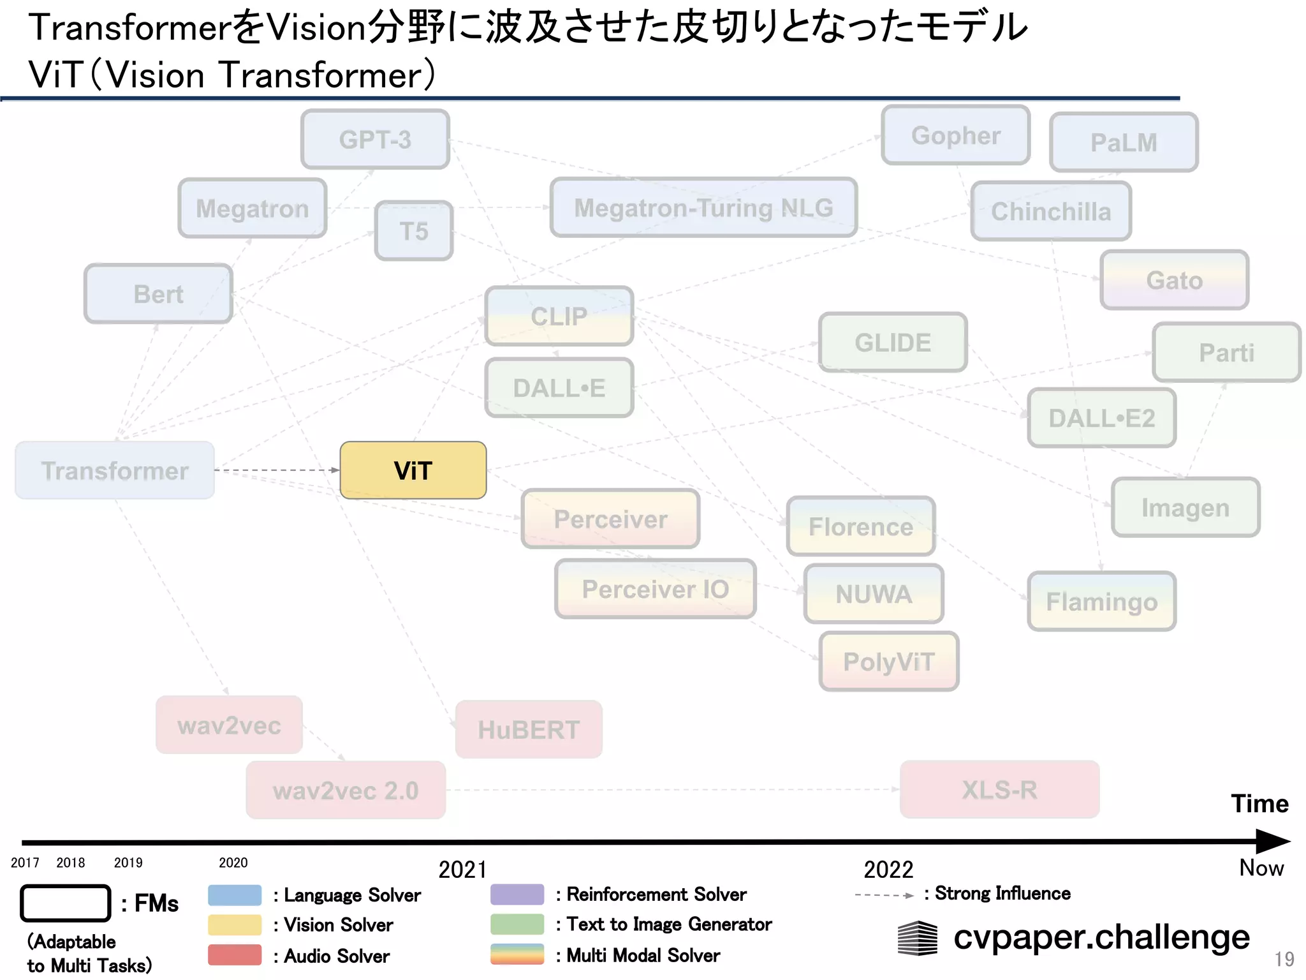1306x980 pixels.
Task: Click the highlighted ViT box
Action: [x=413, y=470]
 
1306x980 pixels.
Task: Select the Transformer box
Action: [x=115, y=470]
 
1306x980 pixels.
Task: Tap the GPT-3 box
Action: [x=375, y=139]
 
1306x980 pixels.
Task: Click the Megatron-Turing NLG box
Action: [x=703, y=207]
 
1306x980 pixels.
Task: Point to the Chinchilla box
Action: [x=1050, y=211]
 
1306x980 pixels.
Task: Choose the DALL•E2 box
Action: [x=1101, y=418]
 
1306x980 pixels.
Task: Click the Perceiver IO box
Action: [x=655, y=589]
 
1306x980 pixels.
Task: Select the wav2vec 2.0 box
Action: [x=346, y=790]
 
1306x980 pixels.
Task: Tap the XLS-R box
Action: [x=999, y=789]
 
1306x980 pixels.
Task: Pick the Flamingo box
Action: [x=1101, y=601]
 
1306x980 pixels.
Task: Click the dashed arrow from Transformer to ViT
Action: [x=277, y=470]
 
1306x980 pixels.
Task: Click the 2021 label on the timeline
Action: [x=462, y=870]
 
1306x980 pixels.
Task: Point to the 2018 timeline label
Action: [x=70, y=863]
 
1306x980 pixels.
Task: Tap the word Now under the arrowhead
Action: [x=1261, y=868]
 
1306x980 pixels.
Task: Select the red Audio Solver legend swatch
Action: [x=235, y=955]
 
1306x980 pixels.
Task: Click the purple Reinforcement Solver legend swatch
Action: [x=517, y=894]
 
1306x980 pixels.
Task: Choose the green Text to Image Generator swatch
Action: [x=517, y=924]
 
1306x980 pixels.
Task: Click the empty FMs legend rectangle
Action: [x=65, y=903]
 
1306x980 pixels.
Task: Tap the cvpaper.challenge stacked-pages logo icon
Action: [x=917, y=938]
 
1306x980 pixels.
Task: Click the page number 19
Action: [x=1284, y=959]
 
